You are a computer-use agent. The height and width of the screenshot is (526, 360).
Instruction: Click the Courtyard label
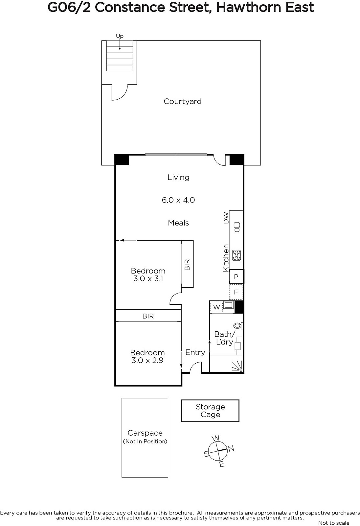pos(182,102)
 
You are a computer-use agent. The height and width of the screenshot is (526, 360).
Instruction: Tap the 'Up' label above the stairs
pos(120,36)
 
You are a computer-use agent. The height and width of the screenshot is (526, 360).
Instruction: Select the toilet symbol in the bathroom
pos(238,326)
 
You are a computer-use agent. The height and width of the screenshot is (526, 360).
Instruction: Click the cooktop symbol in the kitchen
pos(236,255)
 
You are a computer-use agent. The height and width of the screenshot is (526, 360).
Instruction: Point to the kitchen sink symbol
pos(237,227)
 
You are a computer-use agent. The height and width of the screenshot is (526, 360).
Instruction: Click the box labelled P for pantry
pos(236,276)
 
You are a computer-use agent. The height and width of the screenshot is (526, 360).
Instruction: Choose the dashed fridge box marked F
pos(236,292)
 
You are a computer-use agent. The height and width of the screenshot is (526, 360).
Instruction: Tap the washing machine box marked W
pos(216,307)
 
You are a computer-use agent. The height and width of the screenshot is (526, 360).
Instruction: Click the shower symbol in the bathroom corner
pos(237,367)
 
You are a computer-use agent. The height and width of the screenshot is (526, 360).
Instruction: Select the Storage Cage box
pos(210,411)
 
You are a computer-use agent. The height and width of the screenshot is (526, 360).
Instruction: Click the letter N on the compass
pos(231,448)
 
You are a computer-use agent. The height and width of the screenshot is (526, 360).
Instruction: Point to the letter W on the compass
pos(216,438)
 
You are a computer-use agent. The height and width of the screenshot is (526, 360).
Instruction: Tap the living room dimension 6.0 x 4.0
pos(178,200)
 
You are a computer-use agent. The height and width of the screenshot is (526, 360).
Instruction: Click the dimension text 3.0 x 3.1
pos(148,279)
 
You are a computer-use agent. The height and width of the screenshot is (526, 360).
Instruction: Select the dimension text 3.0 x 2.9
pos(147,360)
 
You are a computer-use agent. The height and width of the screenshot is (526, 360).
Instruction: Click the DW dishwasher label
pos(226,218)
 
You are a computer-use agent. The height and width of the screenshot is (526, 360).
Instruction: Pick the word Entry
pos(195,352)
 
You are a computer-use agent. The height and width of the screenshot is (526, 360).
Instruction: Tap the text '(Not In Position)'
pos(145,442)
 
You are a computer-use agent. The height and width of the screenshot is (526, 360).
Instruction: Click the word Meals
pos(178,223)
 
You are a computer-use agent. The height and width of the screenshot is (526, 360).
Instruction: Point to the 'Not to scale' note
pos(334,523)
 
